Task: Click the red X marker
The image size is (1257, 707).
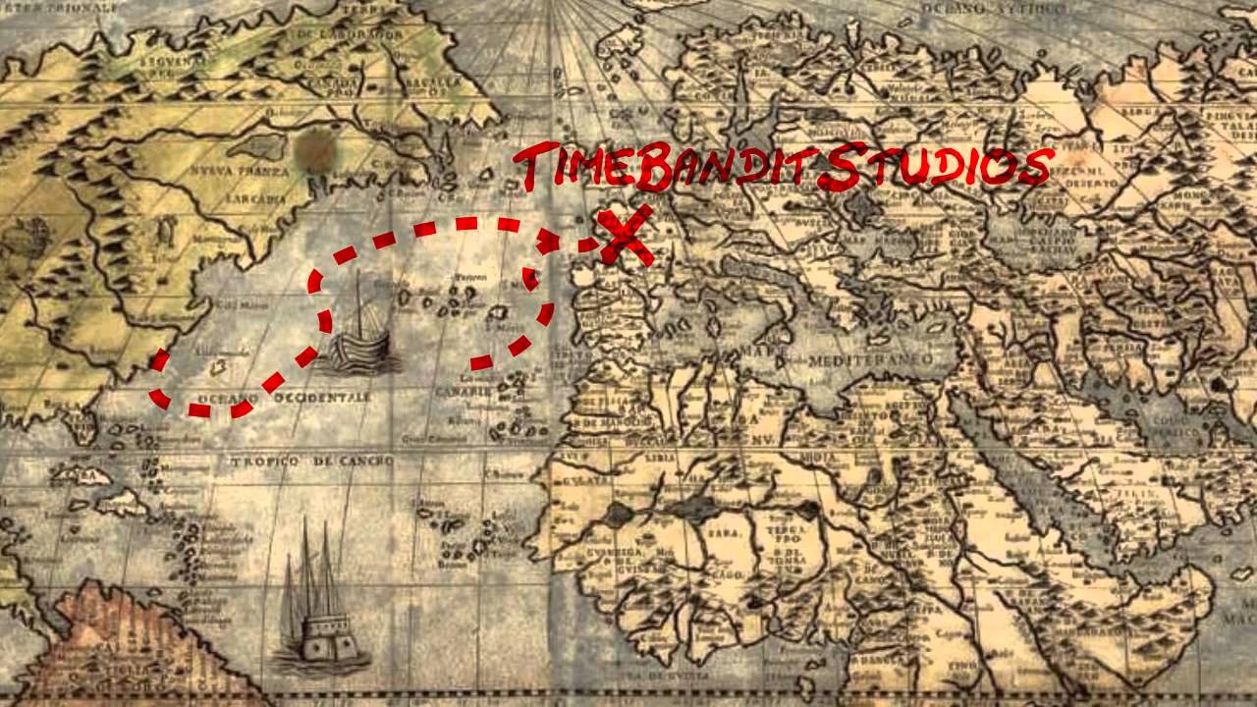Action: pyautogui.click(x=627, y=237)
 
